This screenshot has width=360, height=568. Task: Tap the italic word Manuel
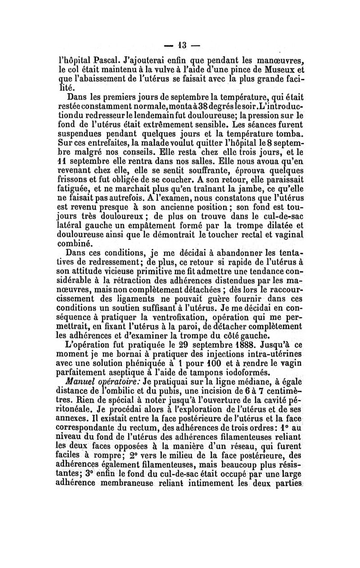(80, 380)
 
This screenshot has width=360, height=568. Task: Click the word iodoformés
(242, 370)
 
